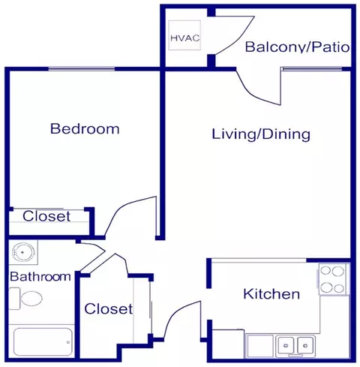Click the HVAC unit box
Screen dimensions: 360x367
(x=184, y=35)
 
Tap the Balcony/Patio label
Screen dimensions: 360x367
(x=297, y=47)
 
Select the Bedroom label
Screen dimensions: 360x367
(x=85, y=128)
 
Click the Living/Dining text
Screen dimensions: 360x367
(x=261, y=134)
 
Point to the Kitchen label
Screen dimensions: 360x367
(x=271, y=293)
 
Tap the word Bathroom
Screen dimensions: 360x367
(x=40, y=277)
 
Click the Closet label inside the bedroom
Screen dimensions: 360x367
(x=46, y=216)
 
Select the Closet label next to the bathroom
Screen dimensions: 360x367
(x=109, y=308)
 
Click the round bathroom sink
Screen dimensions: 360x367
(x=23, y=252)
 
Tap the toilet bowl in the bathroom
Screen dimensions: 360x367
(x=31, y=299)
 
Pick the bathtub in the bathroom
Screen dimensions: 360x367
(x=43, y=342)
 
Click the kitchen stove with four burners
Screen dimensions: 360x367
(x=332, y=279)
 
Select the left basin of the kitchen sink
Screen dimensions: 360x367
(x=286, y=345)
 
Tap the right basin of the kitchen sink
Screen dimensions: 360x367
(x=305, y=345)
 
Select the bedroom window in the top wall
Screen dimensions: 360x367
(x=82, y=69)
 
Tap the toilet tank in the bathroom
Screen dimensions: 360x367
(x=14, y=299)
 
